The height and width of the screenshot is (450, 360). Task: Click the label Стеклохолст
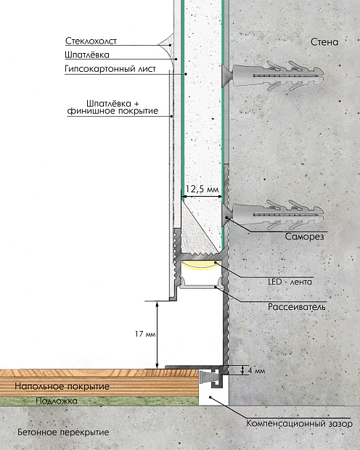[91, 41]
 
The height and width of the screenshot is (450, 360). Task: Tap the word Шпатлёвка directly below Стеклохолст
[87, 55]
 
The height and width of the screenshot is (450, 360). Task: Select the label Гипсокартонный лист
[110, 69]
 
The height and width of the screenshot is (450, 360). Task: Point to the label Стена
[324, 42]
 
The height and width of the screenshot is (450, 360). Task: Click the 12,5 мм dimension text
[202, 189]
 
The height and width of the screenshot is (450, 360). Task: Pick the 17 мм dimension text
[145, 334]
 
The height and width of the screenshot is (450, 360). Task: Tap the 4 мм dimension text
[256, 371]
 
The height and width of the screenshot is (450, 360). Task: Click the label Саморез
[304, 237]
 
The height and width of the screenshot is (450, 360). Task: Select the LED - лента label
[290, 282]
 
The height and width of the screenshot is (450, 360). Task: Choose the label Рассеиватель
[297, 307]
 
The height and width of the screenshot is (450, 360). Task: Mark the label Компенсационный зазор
[300, 424]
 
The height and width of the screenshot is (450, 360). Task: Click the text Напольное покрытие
[62, 386]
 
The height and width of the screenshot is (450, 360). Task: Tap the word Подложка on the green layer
[57, 401]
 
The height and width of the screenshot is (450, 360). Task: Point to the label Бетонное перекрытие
[63, 432]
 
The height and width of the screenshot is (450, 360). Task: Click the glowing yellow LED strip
[201, 265]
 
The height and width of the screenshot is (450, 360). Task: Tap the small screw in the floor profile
[206, 377]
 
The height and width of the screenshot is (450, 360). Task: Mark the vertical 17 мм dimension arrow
[157, 335]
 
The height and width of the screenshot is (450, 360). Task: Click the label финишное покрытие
[112, 111]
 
